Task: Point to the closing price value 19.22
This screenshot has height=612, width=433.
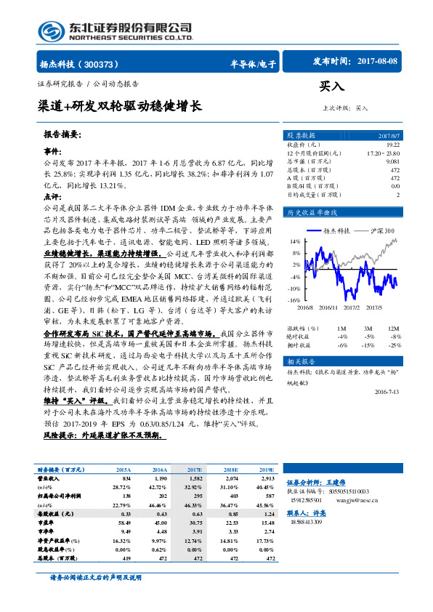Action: [392, 145]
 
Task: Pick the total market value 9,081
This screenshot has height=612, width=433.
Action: [392, 161]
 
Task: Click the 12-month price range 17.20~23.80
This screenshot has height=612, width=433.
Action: [383, 153]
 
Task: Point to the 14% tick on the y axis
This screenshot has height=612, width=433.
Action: [295, 241]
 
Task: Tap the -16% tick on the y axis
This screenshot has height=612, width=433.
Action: [294, 299]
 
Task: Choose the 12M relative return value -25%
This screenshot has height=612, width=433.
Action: [394, 346]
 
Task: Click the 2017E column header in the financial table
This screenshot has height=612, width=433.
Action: [194, 471]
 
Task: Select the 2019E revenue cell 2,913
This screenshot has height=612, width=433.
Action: [267, 480]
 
